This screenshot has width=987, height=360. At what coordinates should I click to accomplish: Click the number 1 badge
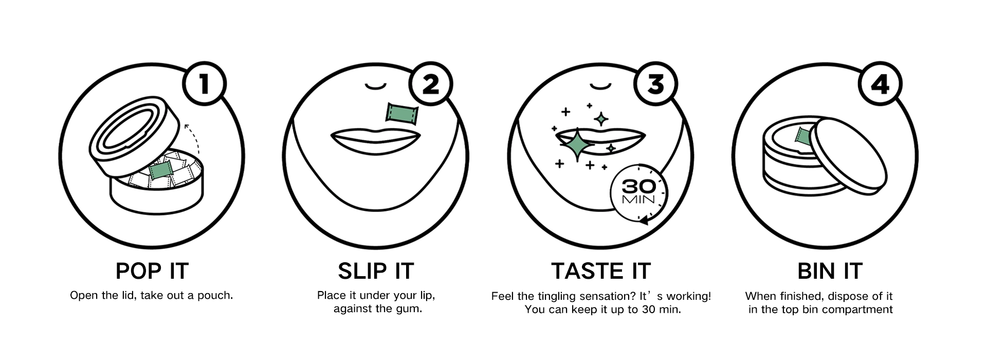(205, 84)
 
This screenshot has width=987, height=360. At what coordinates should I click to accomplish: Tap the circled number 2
(431, 84)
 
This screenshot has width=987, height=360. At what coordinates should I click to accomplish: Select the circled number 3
(655, 84)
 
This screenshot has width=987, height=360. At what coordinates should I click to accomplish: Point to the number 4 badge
(880, 84)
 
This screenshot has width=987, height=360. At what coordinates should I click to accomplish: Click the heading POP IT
(152, 271)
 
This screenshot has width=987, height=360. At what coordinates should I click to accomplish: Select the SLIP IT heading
(376, 271)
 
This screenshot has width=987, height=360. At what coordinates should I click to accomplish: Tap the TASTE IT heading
(601, 271)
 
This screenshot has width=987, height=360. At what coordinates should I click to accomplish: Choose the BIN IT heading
(830, 271)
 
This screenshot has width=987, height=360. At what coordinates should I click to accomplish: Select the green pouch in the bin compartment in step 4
(803, 136)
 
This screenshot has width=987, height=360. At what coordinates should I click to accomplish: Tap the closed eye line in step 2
(375, 86)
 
